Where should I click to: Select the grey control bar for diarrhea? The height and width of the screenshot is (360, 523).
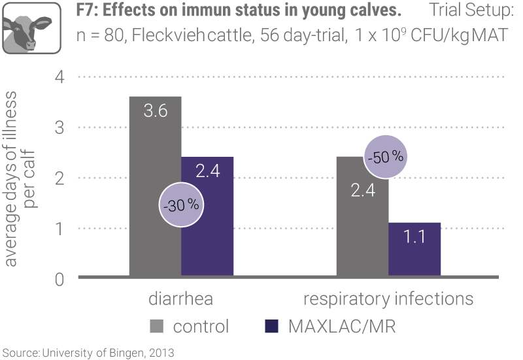click(155, 189)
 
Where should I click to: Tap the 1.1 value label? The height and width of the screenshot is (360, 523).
click(415, 236)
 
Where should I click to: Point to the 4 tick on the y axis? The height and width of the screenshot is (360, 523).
click(60, 77)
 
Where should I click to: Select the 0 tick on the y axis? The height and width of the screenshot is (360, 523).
click(60, 279)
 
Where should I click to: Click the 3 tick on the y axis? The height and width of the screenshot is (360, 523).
click(60, 127)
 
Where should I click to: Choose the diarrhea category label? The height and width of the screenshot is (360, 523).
click(181, 299)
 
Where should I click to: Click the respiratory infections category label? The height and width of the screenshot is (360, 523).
click(388, 299)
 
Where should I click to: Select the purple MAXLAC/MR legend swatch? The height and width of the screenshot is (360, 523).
click(273, 325)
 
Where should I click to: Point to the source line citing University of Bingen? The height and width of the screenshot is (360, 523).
click(88, 353)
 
